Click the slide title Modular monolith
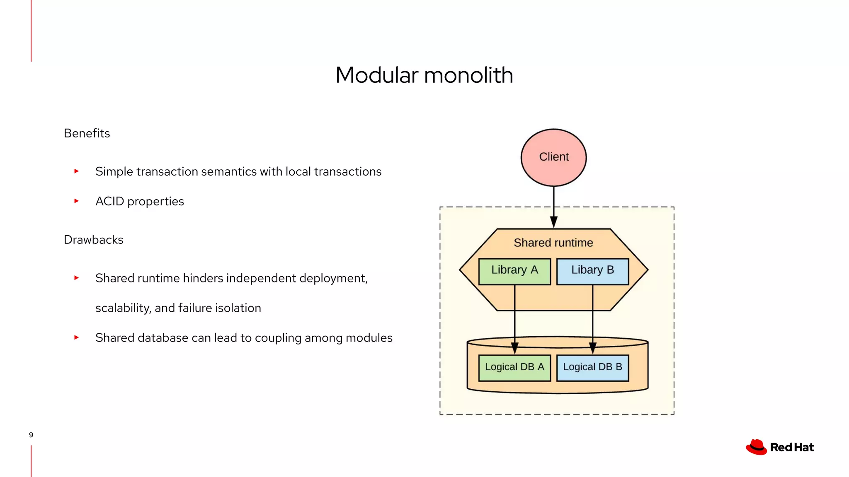pyautogui.click(x=424, y=75)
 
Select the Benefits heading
pyautogui.click(x=87, y=133)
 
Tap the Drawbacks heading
pyautogui.click(x=93, y=240)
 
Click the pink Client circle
pyautogui.click(x=553, y=157)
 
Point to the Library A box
pyautogui.click(x=514, y=271)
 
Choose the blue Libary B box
pyautogui.click(x=592, y=271)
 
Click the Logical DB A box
pyautogui.click(x=514, y=368)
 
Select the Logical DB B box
pyautogui.click(x=592, y=368)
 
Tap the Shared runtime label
pyautogui.click(x=553, y=243)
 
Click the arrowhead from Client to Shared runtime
pyautogui.click(x=553, y=222)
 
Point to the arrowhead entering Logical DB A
pyautogui.click(x=514, y=348)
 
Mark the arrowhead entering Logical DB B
pyautogui.click(x=592, y=348)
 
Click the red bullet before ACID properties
pyautogui.click(x=76, y=201)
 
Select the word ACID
pyautogui.click(x=109, y=201)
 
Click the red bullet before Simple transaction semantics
pyautogui.click(x=76, y=171)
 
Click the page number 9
pyautogui.click(x=31, y=435)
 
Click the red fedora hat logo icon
pyautogui.click(x=756, y=447)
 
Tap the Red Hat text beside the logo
pyautogui.click(x=792, y=448)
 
